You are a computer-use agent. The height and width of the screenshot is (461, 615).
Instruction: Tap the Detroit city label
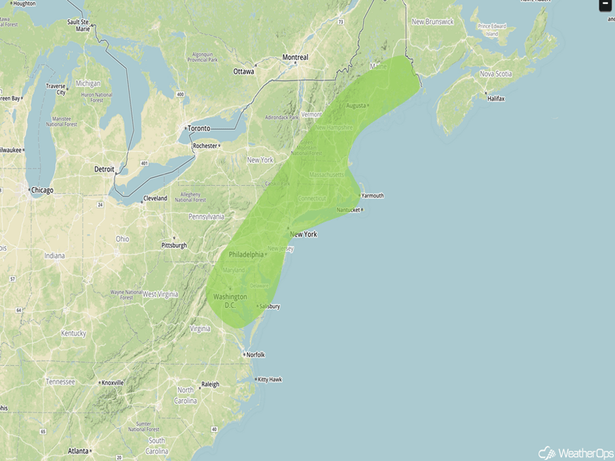click(104, 169)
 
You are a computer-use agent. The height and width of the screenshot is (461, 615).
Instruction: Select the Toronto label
click(199, 128)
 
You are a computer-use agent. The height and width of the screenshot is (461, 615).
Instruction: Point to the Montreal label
click(295, 58)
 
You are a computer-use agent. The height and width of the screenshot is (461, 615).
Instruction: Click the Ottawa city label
click(243, 71)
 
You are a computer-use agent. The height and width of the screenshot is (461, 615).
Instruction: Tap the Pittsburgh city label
click(174, 246)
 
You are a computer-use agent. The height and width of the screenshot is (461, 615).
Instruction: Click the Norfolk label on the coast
click(255, 354)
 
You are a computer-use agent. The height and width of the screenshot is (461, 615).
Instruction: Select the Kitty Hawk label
click(270, 379)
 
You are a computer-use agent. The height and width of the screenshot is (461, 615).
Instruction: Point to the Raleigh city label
click(210, 384)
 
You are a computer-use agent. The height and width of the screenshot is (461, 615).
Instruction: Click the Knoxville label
click(113, 383)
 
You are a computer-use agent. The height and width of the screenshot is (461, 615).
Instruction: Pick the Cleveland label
click(155, 198)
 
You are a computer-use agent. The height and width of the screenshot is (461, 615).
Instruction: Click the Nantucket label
click(349, 209)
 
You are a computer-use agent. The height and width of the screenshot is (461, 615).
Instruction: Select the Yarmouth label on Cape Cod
click(372, 196)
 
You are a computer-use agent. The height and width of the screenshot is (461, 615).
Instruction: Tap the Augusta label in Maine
click(356, 105)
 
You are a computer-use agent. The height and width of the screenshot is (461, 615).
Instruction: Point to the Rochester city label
click(205, 146)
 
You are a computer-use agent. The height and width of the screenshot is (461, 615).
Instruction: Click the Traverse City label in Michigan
click(56, 89)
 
